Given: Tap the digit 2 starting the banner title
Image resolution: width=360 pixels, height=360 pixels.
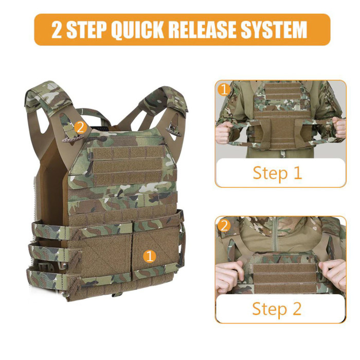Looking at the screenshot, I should click(58, 30).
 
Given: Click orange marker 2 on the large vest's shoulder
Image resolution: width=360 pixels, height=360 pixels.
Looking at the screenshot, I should click(80, 127).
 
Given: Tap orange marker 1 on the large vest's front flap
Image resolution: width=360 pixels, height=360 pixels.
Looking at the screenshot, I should click(149, 256).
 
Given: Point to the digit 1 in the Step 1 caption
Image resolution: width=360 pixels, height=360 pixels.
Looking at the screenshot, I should click(297, 173).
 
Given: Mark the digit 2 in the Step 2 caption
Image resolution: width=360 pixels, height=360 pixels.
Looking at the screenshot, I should click(297, 309).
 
